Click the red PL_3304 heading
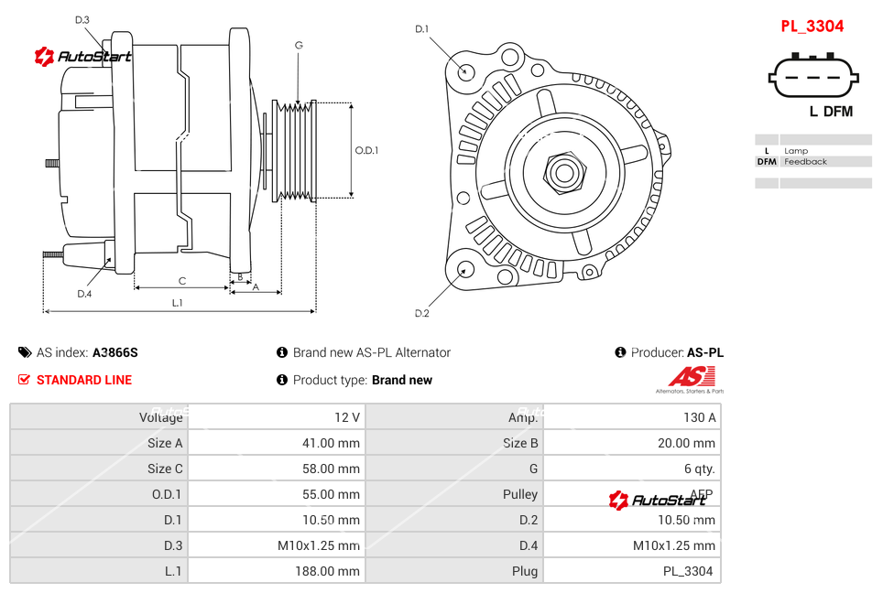tap(812, 27)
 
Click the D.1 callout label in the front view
tap(422, 29)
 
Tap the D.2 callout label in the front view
tap(422, 314)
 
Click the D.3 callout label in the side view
tap(82, 20)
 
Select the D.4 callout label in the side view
tap(84, 294)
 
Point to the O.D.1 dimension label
tap(366, 150)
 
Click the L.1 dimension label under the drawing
tap(177, 302)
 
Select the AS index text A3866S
tap(114, 352)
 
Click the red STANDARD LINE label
tap(84, 380)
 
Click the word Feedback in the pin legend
tap(805, 162)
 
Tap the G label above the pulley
tap(299, 45)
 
